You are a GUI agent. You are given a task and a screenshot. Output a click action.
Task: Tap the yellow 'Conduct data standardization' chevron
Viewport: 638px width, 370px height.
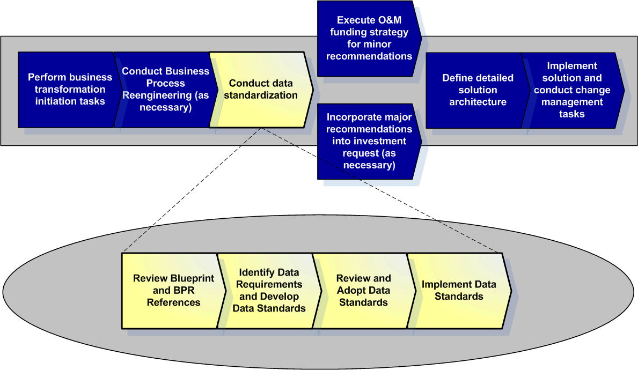[x=261, y=90]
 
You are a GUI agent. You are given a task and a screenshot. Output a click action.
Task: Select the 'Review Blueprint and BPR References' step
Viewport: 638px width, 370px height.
[x=173, y=291]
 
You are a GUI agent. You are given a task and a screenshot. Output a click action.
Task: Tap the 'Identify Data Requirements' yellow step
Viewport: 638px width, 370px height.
[x=269, y=291]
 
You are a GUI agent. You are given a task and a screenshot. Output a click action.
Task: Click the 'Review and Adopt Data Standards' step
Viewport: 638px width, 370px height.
[x=364, y=291]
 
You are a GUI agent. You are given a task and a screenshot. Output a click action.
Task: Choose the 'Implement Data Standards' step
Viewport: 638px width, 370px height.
[x=459, y=291]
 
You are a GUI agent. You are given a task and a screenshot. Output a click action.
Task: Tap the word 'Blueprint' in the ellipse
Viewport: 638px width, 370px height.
[x=193, y=278]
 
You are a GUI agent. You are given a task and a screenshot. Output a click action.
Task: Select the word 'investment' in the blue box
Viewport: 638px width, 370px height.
[x=369, y=141]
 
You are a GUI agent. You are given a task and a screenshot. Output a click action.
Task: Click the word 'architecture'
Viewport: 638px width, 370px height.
[x=478, y=102]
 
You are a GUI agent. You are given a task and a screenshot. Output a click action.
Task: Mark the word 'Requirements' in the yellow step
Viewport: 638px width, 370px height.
[x=269, y=285]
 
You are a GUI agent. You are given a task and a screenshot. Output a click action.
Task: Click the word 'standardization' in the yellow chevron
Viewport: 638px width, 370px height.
[x=261, y=95]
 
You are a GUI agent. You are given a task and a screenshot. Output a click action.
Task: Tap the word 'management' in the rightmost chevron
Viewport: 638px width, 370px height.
[x=572, y=102]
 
